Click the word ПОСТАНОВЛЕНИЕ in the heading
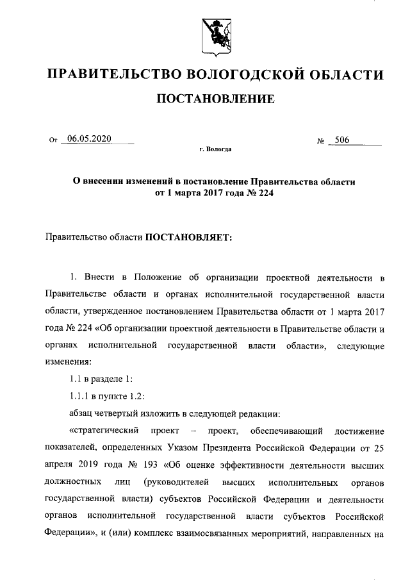click(216, 99)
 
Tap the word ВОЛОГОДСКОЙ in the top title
click(228, 76)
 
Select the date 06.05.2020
click(89, 139)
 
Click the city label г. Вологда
click(215, 150)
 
